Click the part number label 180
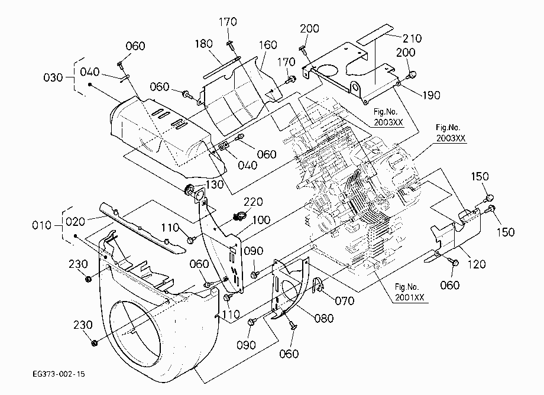(x=203, y=44)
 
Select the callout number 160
(x=268, y=45)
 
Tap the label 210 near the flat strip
(x=412, y=38)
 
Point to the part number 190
(x=431, y=95)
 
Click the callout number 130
(x=215, y=184)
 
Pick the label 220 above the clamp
(x=253, y=202)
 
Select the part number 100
(x=261, y=220)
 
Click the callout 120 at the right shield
(x=477, y=264)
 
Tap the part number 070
(x=345, y=300)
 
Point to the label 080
(x=324, y=318)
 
